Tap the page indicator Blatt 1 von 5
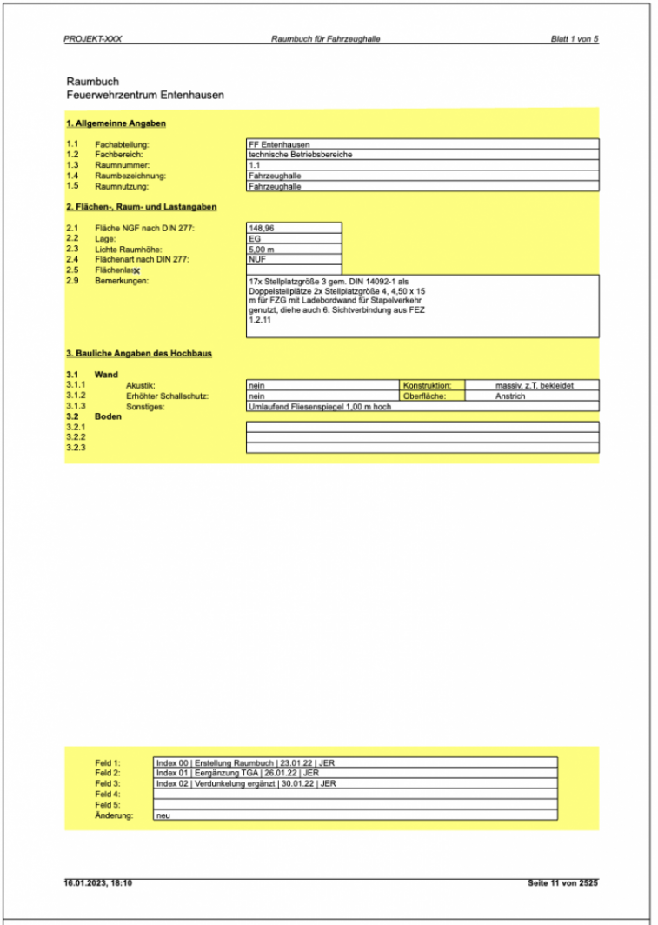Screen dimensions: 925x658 (575, 40)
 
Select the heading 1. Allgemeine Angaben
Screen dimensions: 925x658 (116, 123)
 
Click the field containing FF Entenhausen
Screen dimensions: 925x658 (422, 144)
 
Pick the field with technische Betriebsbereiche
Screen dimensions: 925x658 (422, 155)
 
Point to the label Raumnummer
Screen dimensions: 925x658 (122, 165)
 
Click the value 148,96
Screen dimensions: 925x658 (294, 228)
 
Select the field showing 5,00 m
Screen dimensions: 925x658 (294, 249)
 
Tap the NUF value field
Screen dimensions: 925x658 (294, 259)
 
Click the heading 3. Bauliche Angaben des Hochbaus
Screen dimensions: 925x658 (139, 354)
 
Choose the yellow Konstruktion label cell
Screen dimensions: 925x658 (433, 384)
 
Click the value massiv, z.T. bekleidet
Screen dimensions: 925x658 (533, 384)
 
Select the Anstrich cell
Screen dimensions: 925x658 (533, 395)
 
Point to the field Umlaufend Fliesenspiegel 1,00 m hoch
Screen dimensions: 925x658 (422, 405)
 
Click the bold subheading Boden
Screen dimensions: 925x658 (108, 416)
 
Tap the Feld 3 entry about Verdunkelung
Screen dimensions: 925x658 (355, 783)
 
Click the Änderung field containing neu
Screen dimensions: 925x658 (355, 815)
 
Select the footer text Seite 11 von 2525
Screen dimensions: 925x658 (562, 883)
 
